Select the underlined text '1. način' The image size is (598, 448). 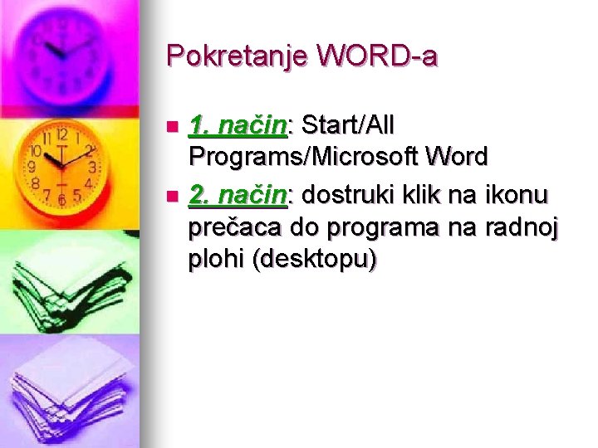tap(238, 125)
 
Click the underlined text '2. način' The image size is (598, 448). tap(238, 195)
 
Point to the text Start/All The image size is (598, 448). tap(349, 125)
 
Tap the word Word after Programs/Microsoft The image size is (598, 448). tap(456, 156)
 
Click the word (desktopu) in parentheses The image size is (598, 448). tap(318, 259)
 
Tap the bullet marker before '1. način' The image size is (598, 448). tap(173, 127)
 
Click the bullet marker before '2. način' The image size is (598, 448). tap(173, 197)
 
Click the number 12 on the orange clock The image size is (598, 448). tap(62, 134)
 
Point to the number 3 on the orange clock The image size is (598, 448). tap(92, 167)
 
